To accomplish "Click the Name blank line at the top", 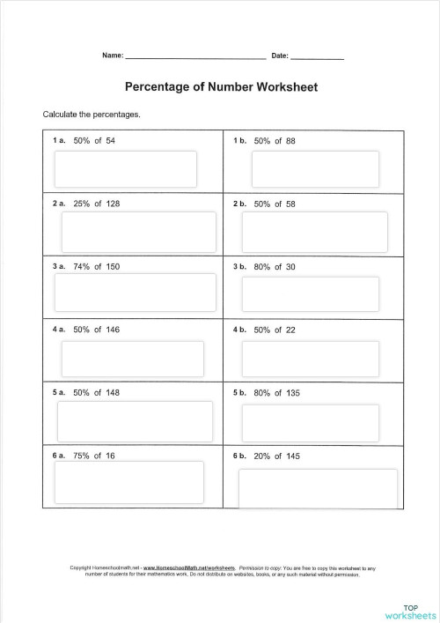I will tap(195, 56).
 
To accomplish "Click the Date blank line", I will tap(317, 56).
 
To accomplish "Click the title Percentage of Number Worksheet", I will tap(222, 87).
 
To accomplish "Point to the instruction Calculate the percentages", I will tap(92, 115).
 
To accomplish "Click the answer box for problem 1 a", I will tap(126, 169).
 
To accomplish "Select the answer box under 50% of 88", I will tap(315, 169).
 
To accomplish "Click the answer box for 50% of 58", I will tap(315, 232).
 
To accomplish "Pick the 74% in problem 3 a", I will tap(82, 266).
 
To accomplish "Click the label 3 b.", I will tap(239, 266).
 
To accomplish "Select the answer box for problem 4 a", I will tap(132, 358).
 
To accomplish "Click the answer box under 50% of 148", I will tap(135, 421).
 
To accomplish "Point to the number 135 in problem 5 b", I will tap(293, 393).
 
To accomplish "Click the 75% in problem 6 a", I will tap(82, 456).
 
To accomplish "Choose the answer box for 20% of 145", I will tap(318, 487).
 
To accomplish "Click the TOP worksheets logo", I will tap(410, 611).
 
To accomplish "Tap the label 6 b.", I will tap(239, 456).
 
